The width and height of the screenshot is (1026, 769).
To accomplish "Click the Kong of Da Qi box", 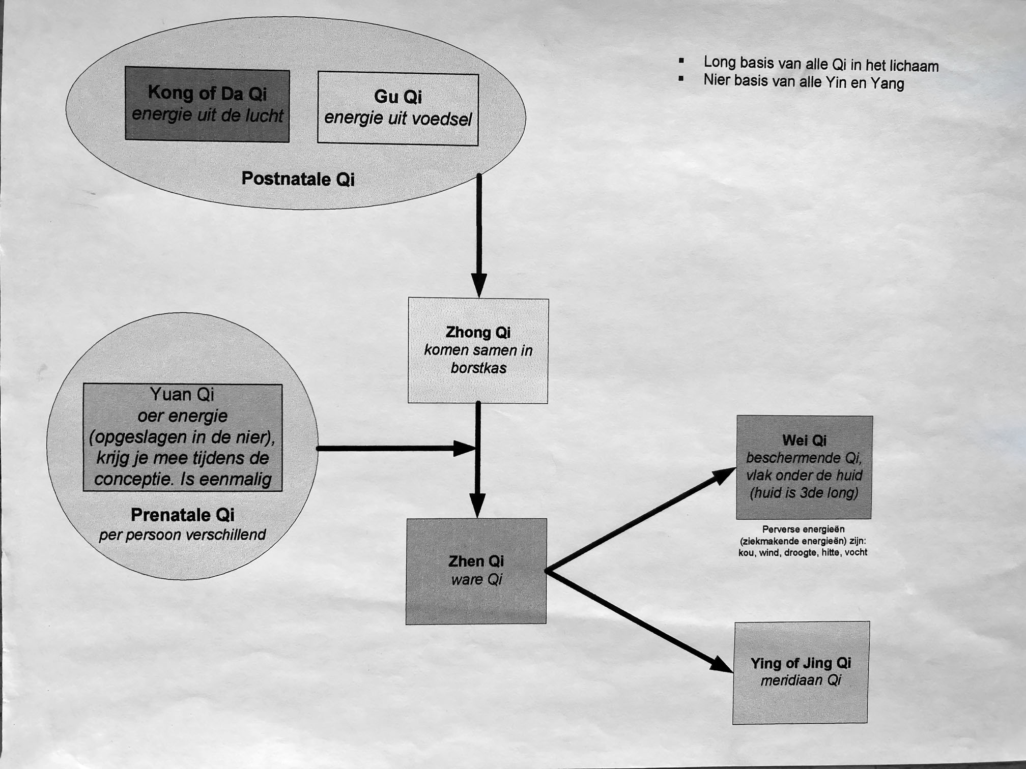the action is (207, 104).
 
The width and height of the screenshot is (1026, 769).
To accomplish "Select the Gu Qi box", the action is (397, 108).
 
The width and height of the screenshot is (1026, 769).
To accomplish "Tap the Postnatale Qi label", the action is (298, 179).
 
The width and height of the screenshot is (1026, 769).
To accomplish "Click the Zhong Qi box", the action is (478, 350).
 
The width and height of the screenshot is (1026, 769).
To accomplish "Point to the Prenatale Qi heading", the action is (182, 515).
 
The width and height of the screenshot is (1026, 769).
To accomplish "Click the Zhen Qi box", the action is (476, 571).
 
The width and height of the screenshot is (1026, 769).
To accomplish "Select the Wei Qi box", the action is (804, 467).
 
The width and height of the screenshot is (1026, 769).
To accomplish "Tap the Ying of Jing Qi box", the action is (801, 672).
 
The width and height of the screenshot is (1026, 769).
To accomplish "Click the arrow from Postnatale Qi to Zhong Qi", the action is (479, 234).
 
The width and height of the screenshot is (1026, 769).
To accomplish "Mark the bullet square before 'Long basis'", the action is (681, 61).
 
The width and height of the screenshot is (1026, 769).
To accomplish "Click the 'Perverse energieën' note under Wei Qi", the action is (803, 541).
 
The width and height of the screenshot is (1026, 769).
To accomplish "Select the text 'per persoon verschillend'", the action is (182, 535).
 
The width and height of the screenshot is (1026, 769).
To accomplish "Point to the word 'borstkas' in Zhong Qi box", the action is (478, 368).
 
